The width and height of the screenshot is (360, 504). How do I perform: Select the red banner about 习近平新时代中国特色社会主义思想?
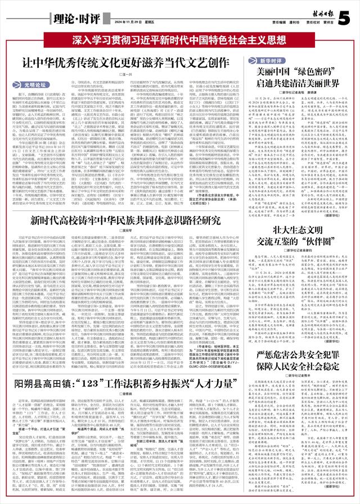tap(179, 40)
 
